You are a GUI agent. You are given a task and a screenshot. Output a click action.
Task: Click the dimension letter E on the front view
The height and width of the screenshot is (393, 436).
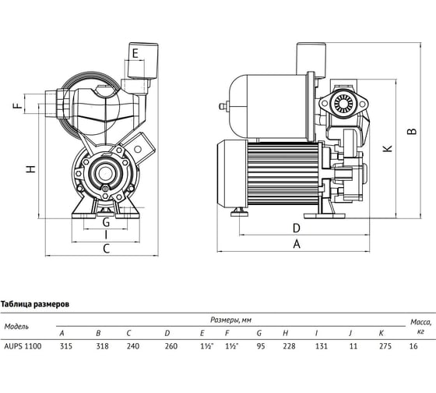click(135, 53)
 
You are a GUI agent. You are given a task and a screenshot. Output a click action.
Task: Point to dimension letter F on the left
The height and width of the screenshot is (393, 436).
click(17, 105)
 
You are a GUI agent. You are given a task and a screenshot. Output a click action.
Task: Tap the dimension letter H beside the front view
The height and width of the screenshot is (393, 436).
click(31, 168)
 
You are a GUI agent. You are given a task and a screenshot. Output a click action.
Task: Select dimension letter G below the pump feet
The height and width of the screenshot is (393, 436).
click(106, 222)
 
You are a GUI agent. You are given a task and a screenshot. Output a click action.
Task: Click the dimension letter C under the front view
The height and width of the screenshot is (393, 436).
click(106, 249)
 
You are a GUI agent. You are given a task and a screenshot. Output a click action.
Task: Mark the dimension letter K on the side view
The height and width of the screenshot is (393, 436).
click(388, 148)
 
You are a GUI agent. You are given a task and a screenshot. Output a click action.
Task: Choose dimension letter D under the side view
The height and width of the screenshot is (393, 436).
click(297, 228)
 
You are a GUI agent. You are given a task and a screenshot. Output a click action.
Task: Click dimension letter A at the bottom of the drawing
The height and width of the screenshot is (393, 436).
click(297, 244)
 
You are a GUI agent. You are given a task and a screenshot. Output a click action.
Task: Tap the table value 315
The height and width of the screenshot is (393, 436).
click(66, 346)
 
